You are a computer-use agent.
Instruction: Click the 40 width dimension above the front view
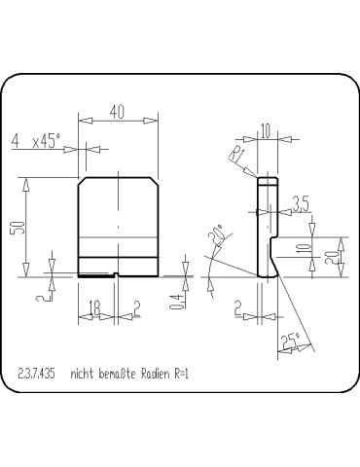[117, 114]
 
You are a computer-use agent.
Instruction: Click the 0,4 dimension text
[175, 301]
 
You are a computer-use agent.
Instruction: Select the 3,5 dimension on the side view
[300, 204]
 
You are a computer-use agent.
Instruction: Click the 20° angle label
[216, 234]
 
